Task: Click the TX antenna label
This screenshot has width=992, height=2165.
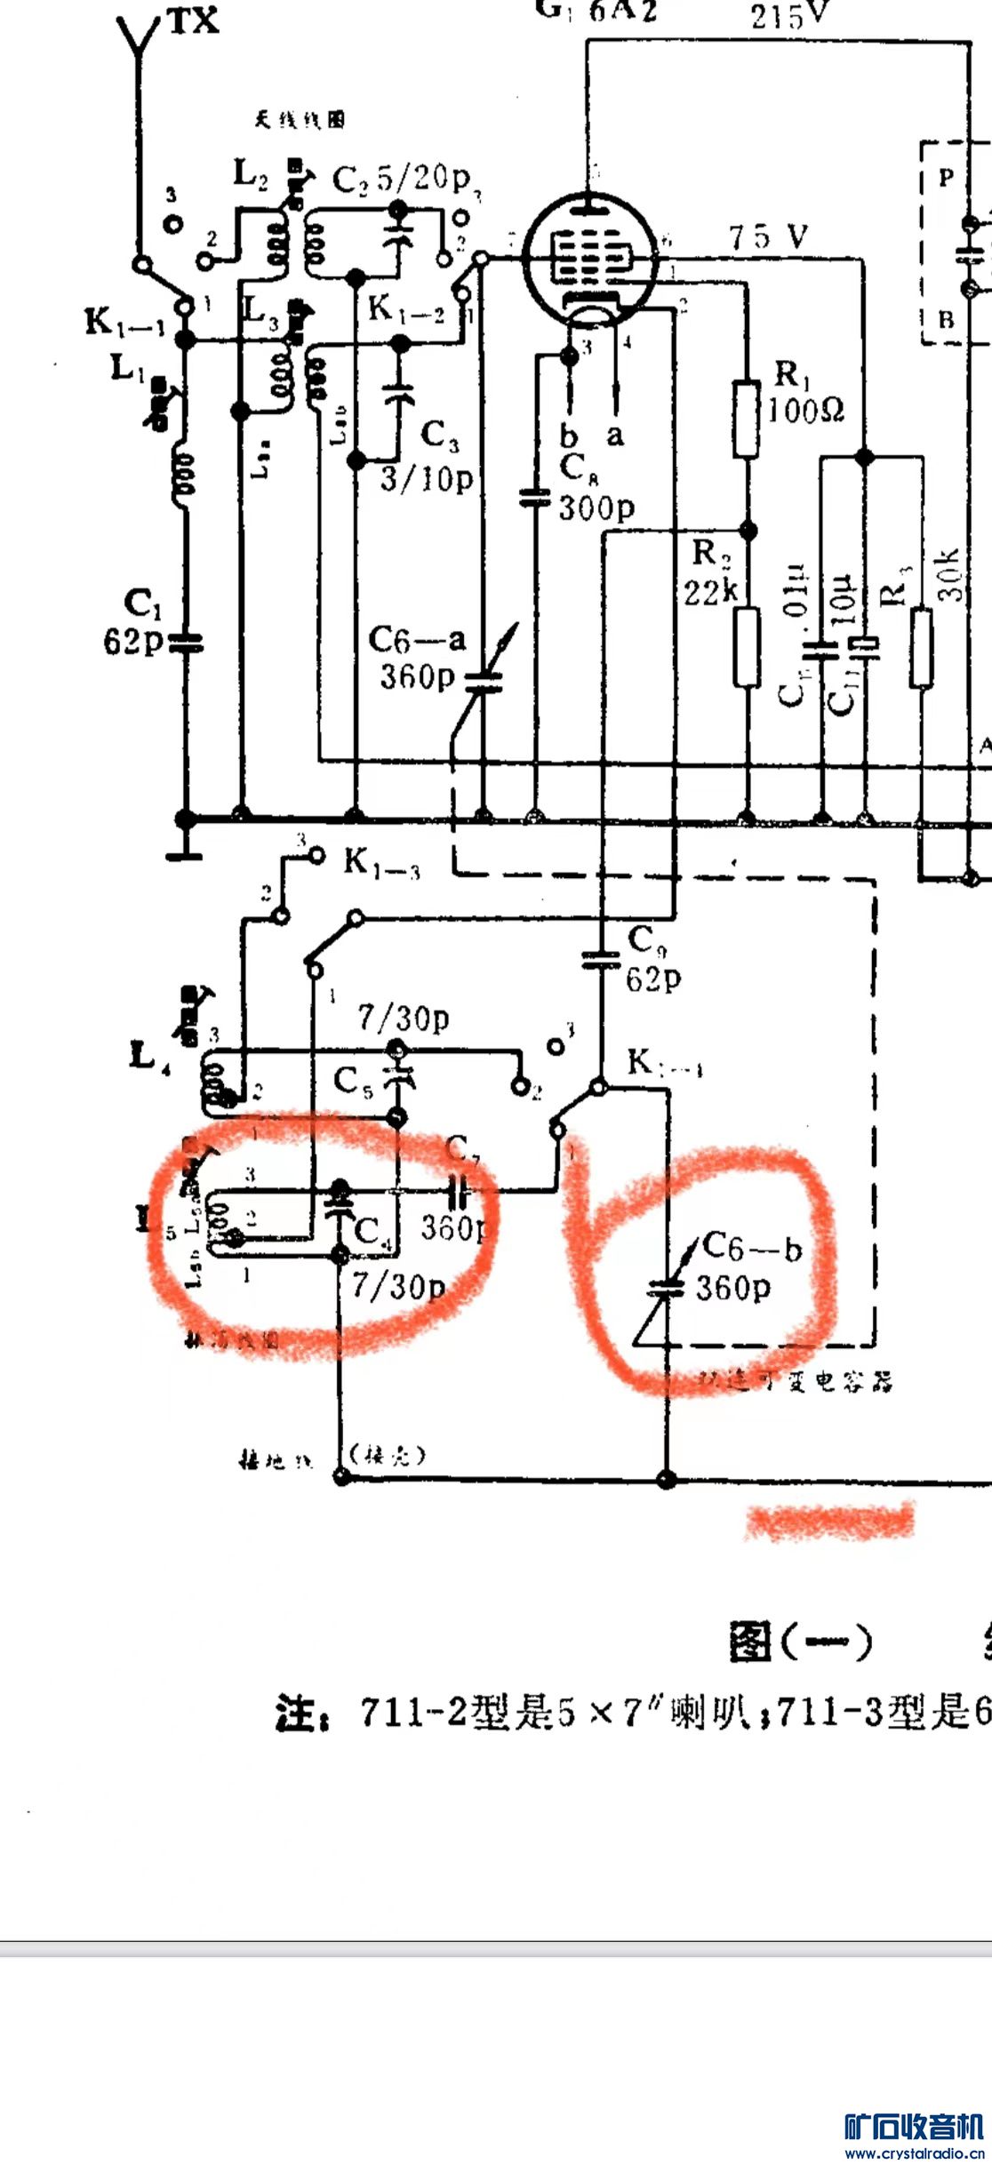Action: point(193,20)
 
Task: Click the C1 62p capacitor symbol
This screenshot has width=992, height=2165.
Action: point(185,643)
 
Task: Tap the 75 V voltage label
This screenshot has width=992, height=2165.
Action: point(769,237)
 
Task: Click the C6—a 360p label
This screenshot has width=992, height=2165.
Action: point(416,658)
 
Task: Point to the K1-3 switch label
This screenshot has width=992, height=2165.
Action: point(381,863)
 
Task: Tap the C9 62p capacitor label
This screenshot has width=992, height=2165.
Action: point(653,958)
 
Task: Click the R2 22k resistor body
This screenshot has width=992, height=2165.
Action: point(747,647)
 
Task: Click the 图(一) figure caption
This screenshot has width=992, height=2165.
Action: point(800,1642)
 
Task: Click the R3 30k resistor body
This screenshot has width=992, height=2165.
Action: point(922,647)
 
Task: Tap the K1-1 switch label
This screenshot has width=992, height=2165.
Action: point(124,323)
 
